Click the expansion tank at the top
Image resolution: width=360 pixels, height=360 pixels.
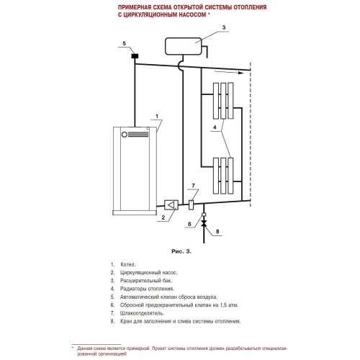(x=184, y=46)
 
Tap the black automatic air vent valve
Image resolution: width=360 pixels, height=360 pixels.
(x=135, y=56)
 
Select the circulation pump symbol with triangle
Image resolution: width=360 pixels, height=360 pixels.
(x=171, y=205)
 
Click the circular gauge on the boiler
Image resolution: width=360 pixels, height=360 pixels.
(x=125, y=135)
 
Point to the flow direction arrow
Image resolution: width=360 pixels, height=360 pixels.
(x=229, y=72)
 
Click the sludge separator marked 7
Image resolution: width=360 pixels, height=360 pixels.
(x=191, y=204)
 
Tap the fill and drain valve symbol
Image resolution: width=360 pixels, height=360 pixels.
(x=204, y=223)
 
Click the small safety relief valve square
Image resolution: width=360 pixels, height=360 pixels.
(x=204, y=214)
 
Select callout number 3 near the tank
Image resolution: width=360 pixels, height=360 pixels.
(x=224, y=27)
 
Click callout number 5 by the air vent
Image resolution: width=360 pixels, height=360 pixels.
(x=124, y=43)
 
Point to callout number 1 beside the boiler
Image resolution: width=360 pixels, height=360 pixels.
(x=157, y=116)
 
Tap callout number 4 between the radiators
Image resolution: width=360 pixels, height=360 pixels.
(x=215, y=127)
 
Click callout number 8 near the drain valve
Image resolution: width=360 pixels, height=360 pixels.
(x=217, y=231)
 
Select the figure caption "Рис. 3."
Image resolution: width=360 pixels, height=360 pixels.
(x=181, y=251)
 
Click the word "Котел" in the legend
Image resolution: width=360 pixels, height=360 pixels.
(x=127, y=264)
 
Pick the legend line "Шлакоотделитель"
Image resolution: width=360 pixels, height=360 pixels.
(x=142, y=313)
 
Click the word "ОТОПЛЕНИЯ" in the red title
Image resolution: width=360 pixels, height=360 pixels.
(x=250, y=7)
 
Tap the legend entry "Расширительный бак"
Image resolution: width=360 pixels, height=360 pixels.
(x=146, y=281)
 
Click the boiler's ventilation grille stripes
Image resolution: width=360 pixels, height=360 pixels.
(x=138, y=135)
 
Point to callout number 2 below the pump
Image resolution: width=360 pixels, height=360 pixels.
(x=163, y=217)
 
